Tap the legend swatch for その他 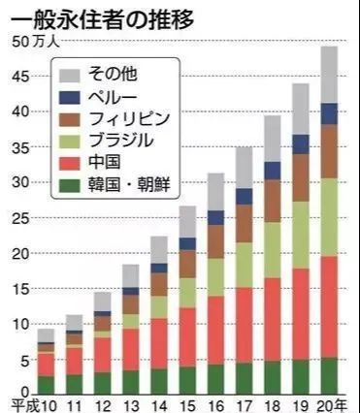click(x=68, y=75)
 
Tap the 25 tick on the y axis click(x=21, y=218)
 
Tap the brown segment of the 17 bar click(x=245, y=223)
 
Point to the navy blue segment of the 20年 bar click(x=330, y=113)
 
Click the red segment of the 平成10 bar click(x=46, y=364)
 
